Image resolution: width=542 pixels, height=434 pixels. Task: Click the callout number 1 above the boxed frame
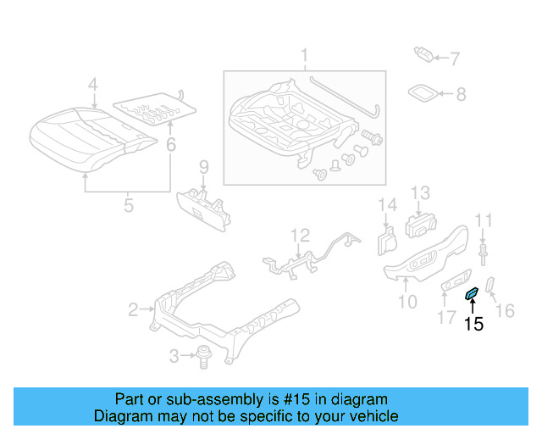click(304, 57)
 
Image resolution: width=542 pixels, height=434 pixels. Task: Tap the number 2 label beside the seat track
click(133, 310)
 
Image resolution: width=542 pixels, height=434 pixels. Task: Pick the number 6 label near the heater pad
click(170, 145)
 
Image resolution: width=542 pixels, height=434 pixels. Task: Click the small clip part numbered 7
click(425, 55)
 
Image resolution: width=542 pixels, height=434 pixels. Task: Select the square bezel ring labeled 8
click(424, 92)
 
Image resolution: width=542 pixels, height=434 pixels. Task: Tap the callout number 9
click(203, 166)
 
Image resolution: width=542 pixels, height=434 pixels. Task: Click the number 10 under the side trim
click(407, 300)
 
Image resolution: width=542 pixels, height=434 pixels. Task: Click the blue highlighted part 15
click(472, 294)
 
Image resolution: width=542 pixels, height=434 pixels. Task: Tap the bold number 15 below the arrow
click(474, 323)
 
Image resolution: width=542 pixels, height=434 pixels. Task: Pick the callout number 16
click(504, 311)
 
